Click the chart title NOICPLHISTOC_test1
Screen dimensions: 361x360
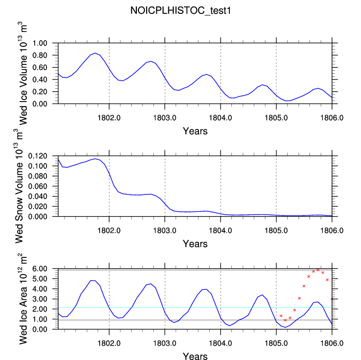pos(181,11)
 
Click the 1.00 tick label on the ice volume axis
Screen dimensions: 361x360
pos(40,43)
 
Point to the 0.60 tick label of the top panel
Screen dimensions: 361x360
pos(40,68)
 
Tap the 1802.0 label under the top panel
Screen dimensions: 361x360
pos(109,118)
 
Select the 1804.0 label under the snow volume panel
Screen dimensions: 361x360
pos(221,231)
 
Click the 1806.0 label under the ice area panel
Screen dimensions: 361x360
pos(332,343)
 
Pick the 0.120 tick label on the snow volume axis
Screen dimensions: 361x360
pos(38,156)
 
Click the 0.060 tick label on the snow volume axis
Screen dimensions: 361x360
pos(38,186)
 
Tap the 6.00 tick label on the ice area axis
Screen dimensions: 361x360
pos(40,269)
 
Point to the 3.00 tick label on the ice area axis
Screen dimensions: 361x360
pos(40,299)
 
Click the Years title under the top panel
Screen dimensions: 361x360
pos(195,131)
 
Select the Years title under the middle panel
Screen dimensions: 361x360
pos(195,243)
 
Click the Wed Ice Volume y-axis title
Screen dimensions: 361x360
pos(22,73)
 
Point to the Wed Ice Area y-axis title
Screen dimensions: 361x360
pos(22,299)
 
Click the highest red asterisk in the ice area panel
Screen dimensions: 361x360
pos(318,270)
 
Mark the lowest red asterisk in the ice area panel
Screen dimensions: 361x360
pos(286,320)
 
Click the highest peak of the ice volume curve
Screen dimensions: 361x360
pos(95,53)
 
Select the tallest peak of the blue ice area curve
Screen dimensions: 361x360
pos(93,281)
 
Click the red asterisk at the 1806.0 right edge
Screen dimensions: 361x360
pos(332,299)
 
